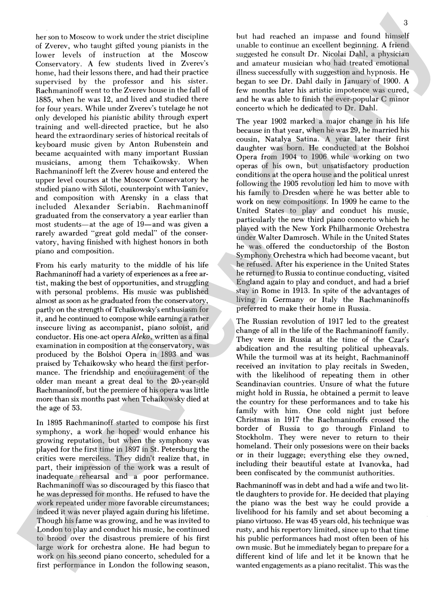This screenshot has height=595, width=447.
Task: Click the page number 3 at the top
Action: point(405,23)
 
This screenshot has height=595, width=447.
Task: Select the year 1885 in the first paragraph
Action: point(44,100)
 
